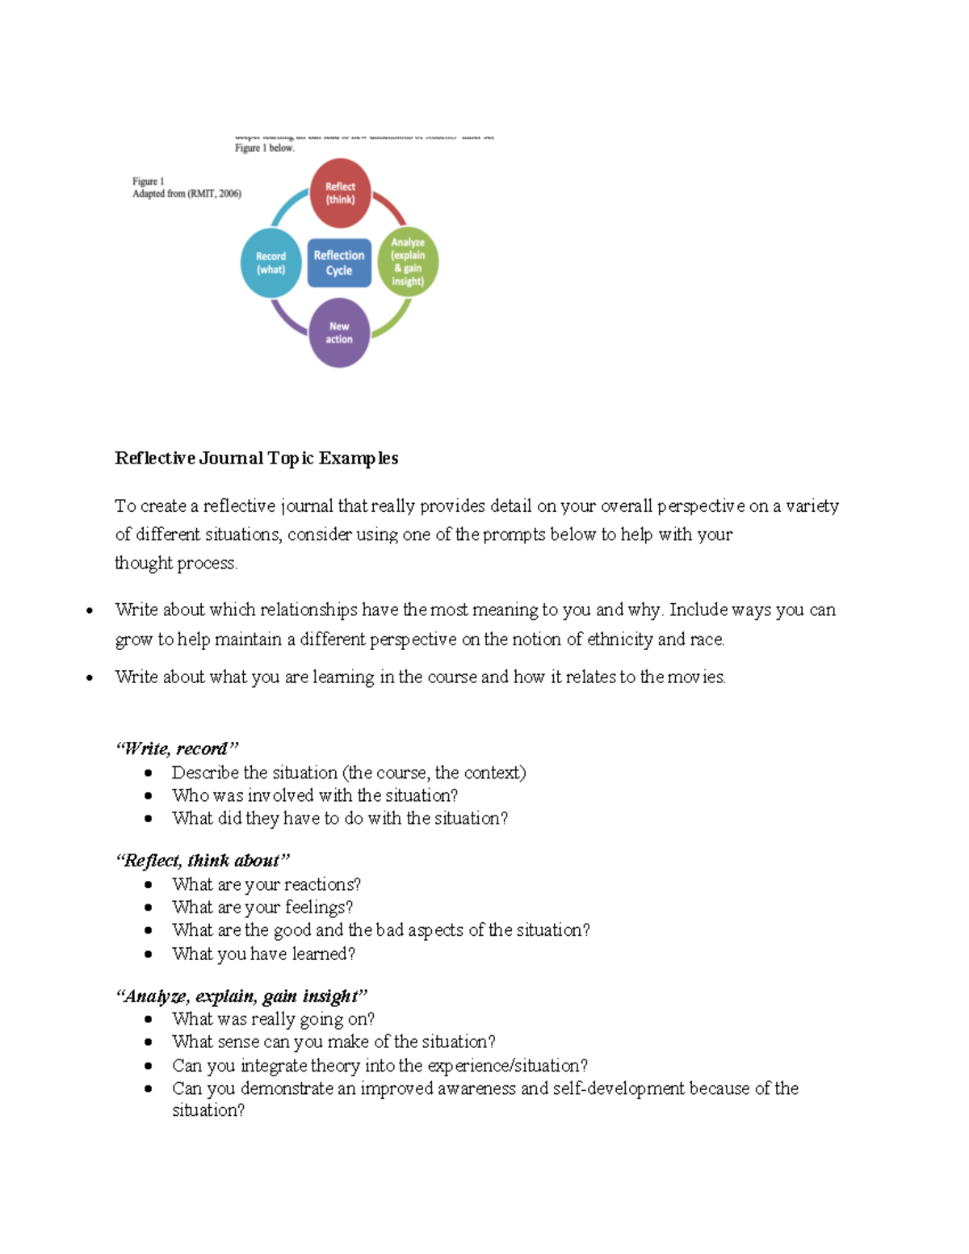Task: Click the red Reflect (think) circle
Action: tap(340, 193)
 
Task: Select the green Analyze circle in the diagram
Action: tap(408, 262)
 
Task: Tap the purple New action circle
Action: tap(339, 333)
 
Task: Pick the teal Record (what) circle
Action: tap(271, 263)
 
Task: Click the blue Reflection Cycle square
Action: tap(339, 263)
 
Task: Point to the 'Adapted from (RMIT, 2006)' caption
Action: tap(187, 194)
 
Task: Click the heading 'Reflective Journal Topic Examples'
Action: tap(256, 459)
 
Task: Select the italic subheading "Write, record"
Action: tap(177, 749)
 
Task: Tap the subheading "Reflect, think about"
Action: tap(202, 861)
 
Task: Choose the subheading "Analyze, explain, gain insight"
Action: tap(241, 996)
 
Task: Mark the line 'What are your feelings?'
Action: tap(262, 908)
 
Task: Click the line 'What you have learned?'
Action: tap(263, 954)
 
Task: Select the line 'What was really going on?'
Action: tap(273, 1019)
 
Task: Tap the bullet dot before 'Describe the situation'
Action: tap(149, 773)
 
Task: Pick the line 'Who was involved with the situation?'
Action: tap(315, 795)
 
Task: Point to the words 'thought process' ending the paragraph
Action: tap(175, 563)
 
